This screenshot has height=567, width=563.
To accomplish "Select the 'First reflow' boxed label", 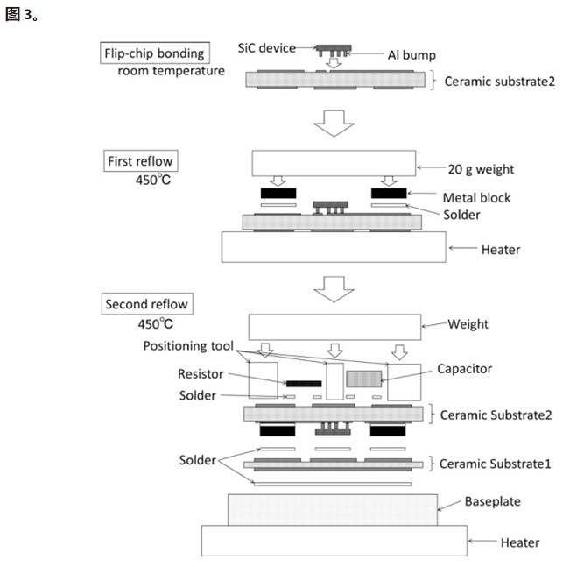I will (x=141, y=161).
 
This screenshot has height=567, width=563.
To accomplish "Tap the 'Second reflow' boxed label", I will (x=146, y=305).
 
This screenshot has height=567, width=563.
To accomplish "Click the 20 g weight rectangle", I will (x=333, y=164).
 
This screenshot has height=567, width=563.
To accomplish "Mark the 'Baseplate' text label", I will (x=492, y=502).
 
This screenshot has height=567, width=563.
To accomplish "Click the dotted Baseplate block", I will (x=333, y=509).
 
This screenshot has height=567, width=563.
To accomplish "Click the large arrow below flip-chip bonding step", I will (x=332, y=123).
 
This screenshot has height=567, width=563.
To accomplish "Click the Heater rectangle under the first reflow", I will (x=333, y=247).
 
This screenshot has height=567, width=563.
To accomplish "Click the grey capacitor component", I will (x=364, y=379).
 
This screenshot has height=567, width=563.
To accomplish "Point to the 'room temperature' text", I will (x=171, y=70).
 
